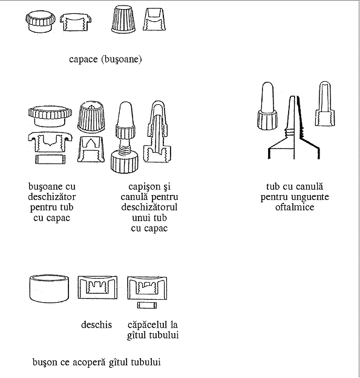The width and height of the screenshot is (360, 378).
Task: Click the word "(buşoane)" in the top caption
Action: pos(122,59)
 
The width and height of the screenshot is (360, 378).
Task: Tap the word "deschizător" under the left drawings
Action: pos(52,197)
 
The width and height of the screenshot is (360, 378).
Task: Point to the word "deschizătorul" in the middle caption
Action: pos(149,207)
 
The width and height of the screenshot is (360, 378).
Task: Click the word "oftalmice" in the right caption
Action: pos(295,207)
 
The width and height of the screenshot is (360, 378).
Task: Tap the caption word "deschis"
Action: pos(97,325)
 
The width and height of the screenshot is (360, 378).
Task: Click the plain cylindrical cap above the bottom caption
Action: pos(49,288)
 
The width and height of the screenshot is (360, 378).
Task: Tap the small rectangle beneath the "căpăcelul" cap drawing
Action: pos(147,305)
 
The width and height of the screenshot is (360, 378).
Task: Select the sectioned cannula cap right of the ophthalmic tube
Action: pos(325,104)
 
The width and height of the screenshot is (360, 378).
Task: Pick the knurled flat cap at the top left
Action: pos(40,22)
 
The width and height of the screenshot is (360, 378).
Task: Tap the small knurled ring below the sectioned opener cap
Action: pos(50,159)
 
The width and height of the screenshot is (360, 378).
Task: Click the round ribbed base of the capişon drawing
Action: pos(125,163)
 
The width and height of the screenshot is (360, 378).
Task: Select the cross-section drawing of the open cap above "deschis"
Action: pos(97,288)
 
